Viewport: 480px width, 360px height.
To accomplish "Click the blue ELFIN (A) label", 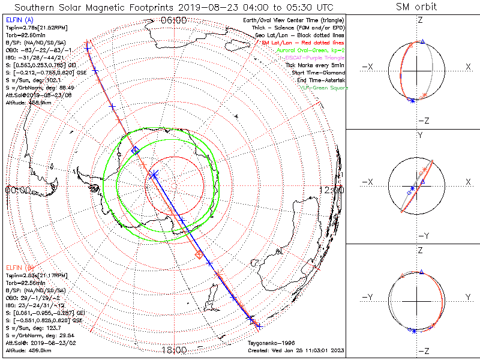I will (19, 20).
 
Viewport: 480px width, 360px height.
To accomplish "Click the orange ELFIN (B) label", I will (19, 267).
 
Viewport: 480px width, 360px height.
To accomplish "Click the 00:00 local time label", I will (17, 190).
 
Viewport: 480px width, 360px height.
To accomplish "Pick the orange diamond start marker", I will (199, 255).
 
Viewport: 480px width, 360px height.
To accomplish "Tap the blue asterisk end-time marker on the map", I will (154, 175).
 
